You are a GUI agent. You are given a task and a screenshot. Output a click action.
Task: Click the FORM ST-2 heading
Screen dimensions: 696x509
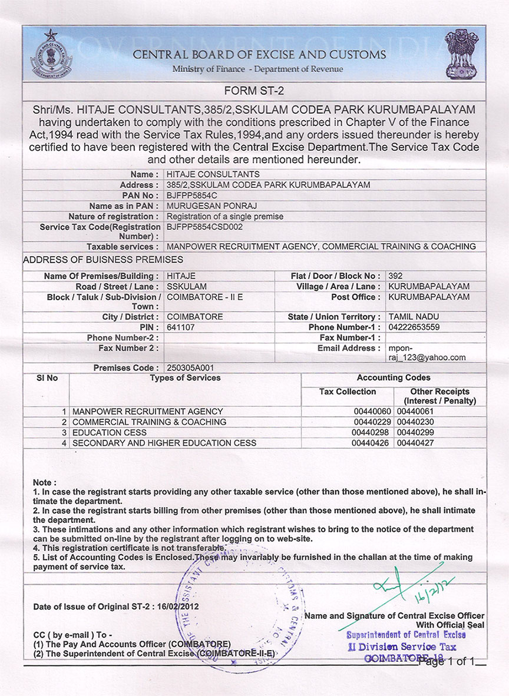(254, 91)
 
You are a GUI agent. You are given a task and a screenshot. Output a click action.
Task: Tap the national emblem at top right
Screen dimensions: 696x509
(462, 54)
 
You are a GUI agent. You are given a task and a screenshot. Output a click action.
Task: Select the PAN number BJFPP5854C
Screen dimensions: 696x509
(191, 195)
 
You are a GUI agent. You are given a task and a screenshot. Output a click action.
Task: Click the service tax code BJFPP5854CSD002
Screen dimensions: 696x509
(204, 226)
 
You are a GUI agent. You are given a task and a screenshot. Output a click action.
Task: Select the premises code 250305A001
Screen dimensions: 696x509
(189, 368)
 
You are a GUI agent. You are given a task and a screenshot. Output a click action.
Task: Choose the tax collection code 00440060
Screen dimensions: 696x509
(372, 411)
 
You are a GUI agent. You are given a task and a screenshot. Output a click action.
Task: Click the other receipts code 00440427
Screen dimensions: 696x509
(415, 443)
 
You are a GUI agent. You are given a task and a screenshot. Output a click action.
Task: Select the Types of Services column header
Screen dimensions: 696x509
(185, 378)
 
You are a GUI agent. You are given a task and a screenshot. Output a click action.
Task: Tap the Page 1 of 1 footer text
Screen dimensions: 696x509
(451, 661)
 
